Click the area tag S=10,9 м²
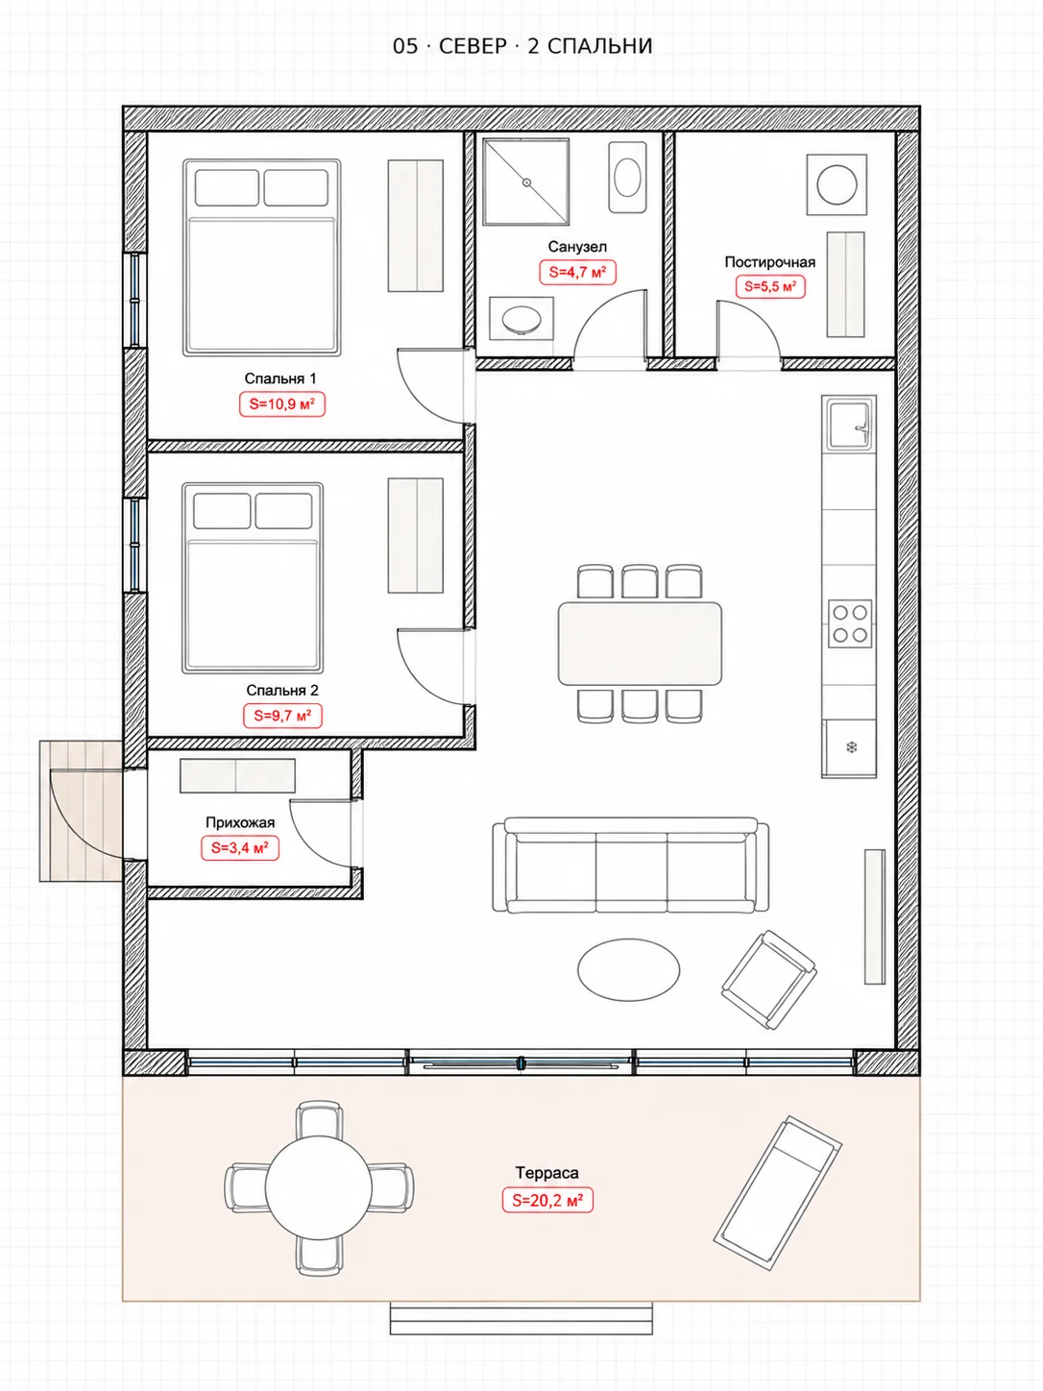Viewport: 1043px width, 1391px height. (281, 404)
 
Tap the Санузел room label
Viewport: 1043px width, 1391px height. (577, 247)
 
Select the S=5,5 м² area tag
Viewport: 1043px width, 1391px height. (770, 286)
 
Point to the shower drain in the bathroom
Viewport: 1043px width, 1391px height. (525, 183)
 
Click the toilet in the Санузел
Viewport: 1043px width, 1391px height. (627, 177)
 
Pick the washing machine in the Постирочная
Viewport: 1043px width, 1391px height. (837, 184)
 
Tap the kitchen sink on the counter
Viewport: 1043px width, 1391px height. (849, 424)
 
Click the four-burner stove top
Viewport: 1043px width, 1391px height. (850, 623)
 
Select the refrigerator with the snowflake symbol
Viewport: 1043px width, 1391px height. (849, 748)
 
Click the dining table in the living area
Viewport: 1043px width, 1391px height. (640, 644)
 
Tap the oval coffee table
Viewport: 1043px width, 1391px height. (628, 970)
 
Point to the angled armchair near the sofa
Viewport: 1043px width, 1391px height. (768, 980)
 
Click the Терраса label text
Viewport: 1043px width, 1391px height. (547, 1173)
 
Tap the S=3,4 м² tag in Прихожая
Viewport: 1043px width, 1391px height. (239, 848)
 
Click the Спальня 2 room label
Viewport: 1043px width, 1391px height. (282, 690)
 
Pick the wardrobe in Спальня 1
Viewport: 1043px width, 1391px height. (416, 226)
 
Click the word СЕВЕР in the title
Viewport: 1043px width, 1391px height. (473, 46)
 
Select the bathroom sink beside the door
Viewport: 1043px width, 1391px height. (521, 318)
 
